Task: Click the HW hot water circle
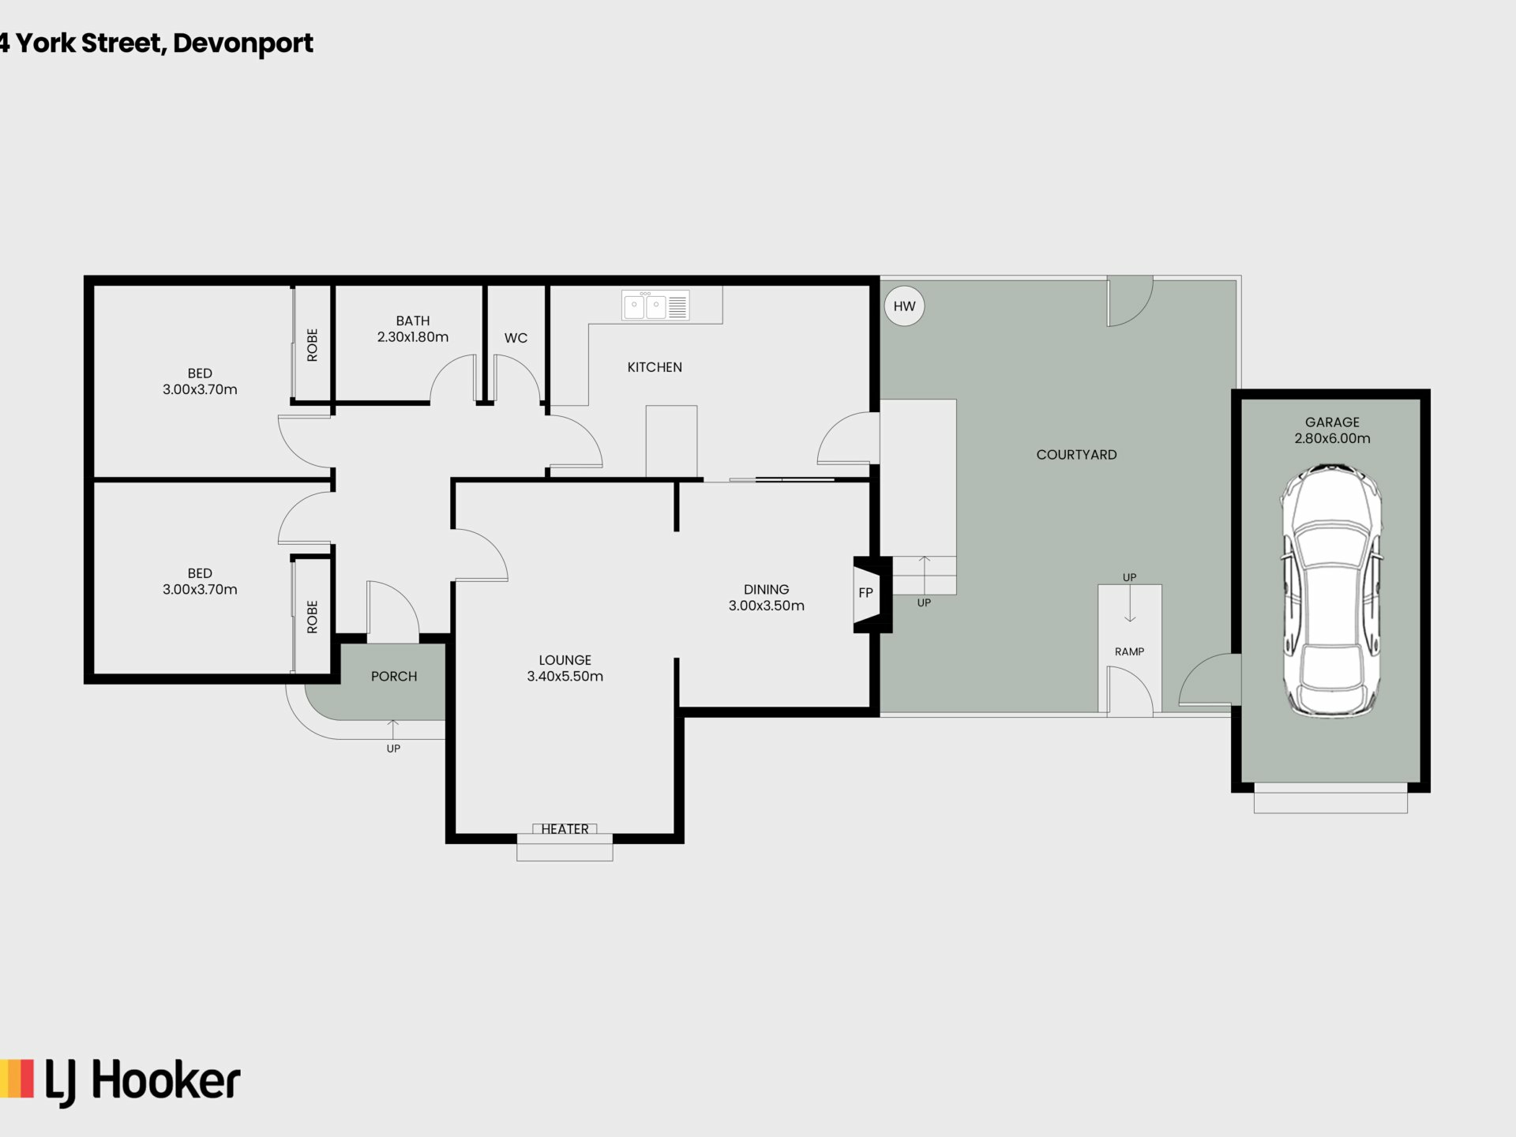tap(904, 306)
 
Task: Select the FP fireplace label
tap(865, 593)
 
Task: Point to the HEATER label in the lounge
tap(565, 829)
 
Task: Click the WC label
tap(516, 338)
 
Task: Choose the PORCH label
tap(394, 677)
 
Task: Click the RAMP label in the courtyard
tap(1130, 651)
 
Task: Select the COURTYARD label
tap(1076, 455)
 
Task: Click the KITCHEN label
tap(655, 367)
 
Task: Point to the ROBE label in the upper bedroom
tap(312, 345)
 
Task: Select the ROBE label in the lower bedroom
tap(312, 617)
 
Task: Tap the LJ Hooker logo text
tap(143, 1082)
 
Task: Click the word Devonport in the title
tap(243, 44)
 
